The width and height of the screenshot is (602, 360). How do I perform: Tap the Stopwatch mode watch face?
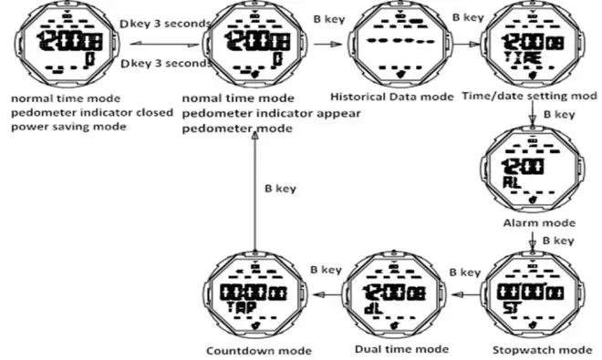click(533, 297)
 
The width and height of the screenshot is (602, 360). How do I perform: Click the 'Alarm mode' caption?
click(539, 222)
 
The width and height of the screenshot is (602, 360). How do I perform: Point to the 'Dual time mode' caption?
click(400, 349)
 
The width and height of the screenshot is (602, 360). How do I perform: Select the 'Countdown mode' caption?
click(259, 351)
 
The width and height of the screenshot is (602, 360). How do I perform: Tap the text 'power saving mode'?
click(67, 127)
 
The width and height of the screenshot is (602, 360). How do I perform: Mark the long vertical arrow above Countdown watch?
click(251, 191)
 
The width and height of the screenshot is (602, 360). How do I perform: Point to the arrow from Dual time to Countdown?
click(326, 293)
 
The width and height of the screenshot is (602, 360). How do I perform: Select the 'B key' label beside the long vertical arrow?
click(280, 189)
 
